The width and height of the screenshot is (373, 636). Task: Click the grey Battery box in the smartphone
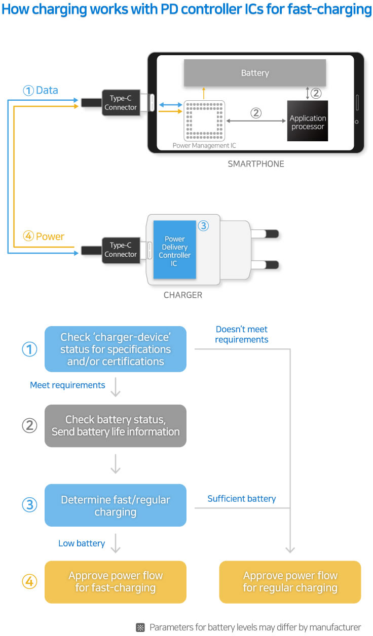click(x=254, y=73)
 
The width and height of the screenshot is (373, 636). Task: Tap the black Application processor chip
click(x=308, y=121)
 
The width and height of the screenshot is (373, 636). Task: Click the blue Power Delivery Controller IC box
click(x=174, y=250)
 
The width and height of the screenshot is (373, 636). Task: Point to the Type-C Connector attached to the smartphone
click(x=121, y=103)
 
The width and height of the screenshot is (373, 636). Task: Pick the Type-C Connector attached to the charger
click(x=121, y=250)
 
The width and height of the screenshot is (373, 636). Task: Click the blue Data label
click(x=47, y=90)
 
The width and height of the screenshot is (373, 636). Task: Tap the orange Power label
click(x=50, y=236)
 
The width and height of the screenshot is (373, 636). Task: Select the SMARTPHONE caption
click(x=256, y=164)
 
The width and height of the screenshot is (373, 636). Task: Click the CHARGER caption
click(x=183, y=295)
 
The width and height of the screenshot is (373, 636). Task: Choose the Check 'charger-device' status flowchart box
click(x=116, y=349)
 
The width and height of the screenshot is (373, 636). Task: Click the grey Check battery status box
click(x=116, y=426)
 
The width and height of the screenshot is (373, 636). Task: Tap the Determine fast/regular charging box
click(x=116, y=505)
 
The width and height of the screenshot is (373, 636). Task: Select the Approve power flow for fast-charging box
click(x=116, y=582)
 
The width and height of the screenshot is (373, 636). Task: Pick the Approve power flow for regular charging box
click(x=290, y=582)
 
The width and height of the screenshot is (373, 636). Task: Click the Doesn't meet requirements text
click(x=242, y=334)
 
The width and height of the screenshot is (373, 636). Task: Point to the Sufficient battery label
click(x=242, y=499)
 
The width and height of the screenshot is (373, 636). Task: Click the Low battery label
click(x=82, y=543)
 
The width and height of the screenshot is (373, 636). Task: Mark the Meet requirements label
click(x=67, y=385)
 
